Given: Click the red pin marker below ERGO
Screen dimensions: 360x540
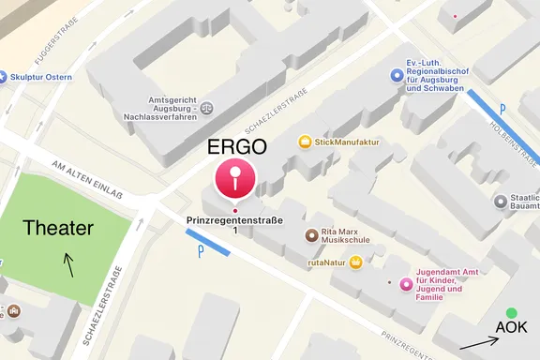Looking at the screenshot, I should click(x=234, y=178).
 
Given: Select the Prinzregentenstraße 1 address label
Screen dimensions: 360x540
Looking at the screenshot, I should click(x=234, y=224).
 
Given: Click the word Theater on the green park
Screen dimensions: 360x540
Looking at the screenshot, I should click(x=58, y=228).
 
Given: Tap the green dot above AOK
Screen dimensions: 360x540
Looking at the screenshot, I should click(x=510, y=312).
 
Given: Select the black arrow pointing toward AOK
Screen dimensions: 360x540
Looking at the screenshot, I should click(x=479, y=342).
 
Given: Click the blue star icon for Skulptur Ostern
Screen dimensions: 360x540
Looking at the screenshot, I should click(x=5, y=76).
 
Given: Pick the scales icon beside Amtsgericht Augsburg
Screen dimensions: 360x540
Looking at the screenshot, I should click(x=206, y=108).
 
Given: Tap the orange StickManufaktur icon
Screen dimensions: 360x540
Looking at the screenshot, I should click(x=305, y=142).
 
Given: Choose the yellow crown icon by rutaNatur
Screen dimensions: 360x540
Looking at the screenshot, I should click(x=356, y=262).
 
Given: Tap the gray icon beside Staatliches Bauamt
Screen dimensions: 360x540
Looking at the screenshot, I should click(x=500, y=202).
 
